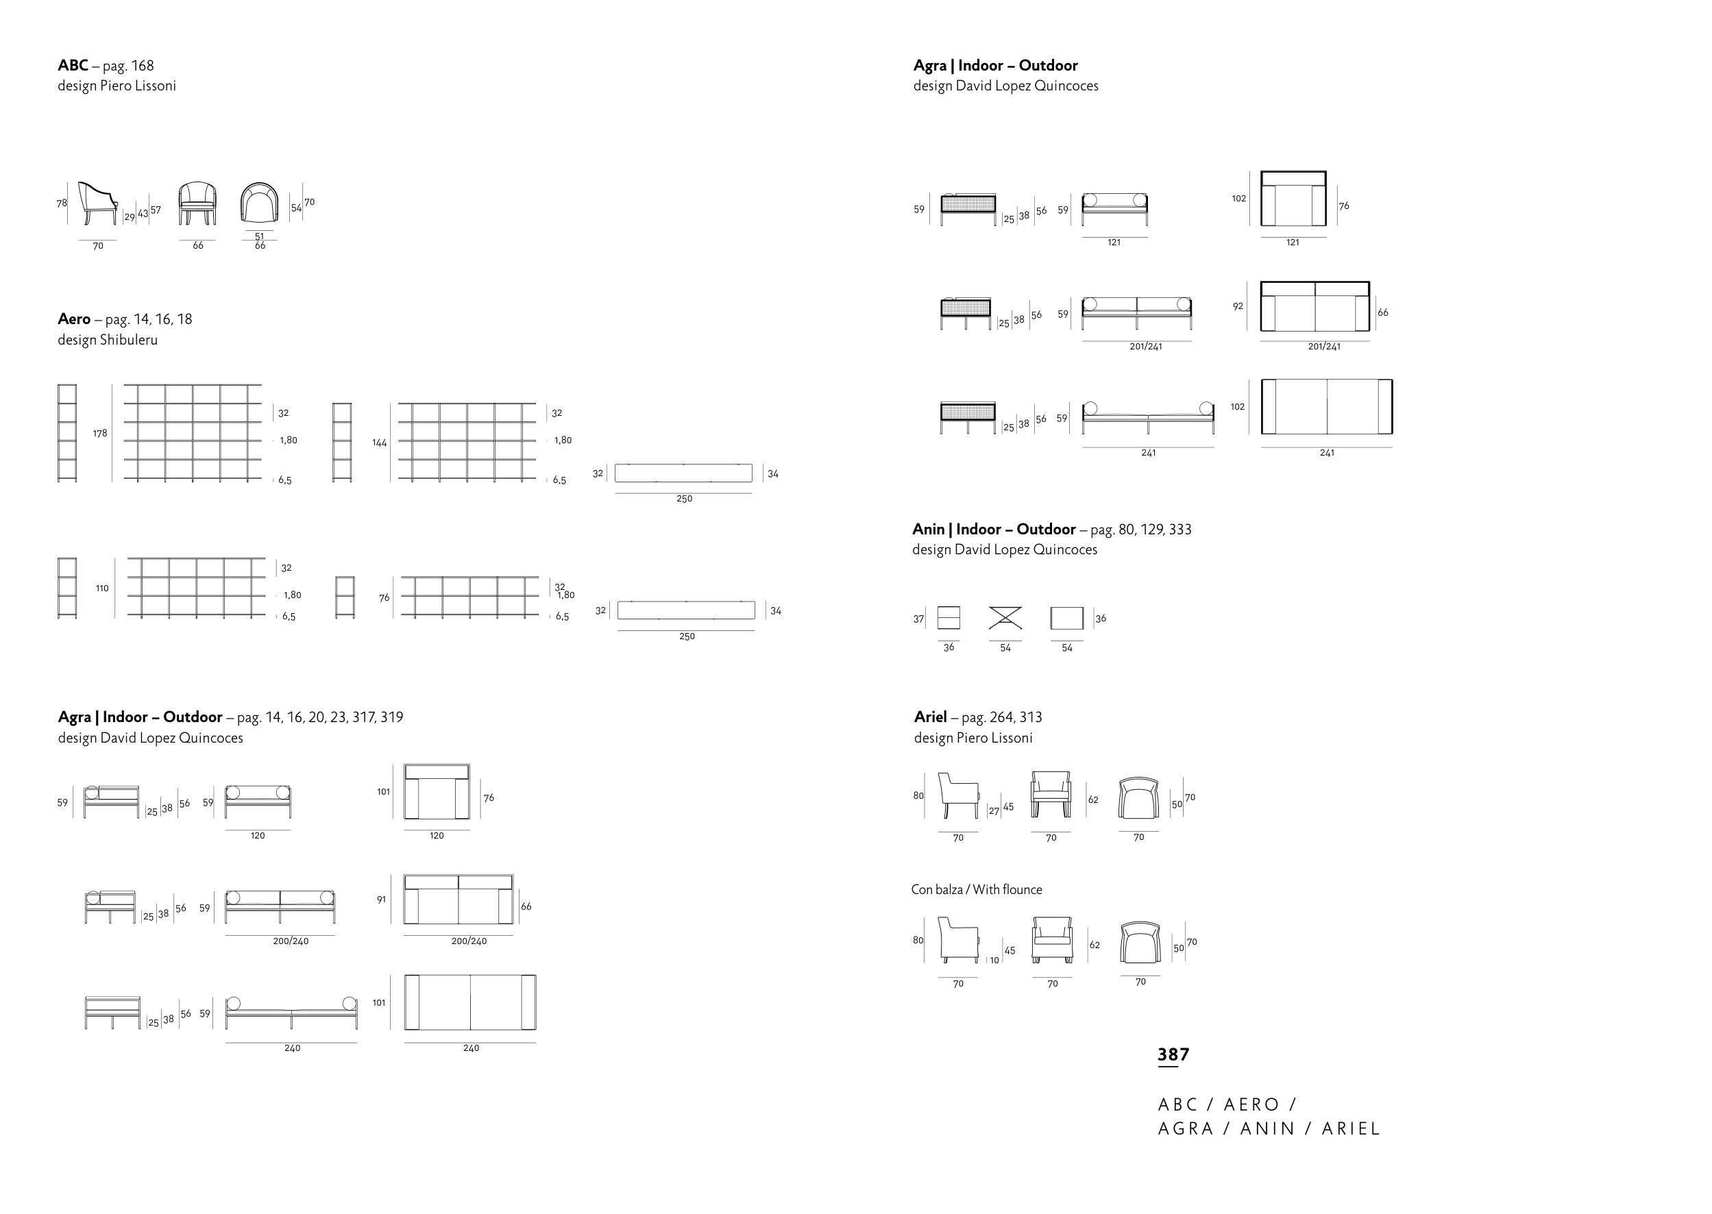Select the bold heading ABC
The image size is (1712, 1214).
[x=73, y=66]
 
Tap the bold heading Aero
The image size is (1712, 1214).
[x=74, y=319]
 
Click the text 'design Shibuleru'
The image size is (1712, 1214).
[x=108, y=340]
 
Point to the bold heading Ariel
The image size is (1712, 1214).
[x=931, y=717]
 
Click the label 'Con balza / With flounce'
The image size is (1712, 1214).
[x=977, y=889]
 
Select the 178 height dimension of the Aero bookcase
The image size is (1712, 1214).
[x=100, y=434]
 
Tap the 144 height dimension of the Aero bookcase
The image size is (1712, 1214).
[x=380, y=443]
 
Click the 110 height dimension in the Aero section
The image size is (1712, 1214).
[x=102, y=589]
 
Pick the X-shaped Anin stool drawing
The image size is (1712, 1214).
[x=1005, y=618]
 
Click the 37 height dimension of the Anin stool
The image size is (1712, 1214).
[x=919, y=619]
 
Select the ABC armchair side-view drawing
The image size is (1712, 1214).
[x=98, y=203]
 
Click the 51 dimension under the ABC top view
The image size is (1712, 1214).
[x=260, y=236]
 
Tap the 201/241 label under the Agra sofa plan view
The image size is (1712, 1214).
[x=1324, y=347]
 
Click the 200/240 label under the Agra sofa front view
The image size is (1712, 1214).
[x=291, y=941]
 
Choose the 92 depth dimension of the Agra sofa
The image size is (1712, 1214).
[x=1238, y=306]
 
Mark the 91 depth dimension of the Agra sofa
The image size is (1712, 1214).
[x=381, y=900]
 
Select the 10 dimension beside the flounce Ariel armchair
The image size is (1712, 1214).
[x=994, y=961]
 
